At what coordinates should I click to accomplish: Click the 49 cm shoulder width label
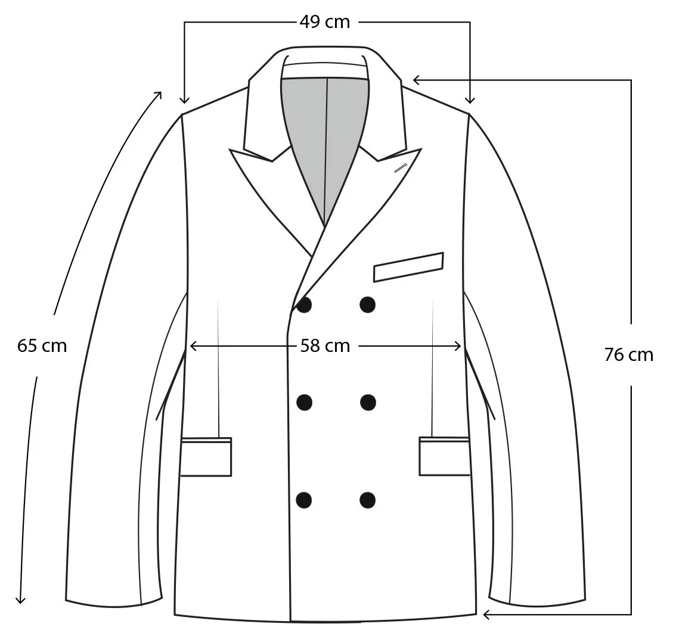click(324, 22)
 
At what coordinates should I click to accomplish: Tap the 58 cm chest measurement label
click(325, 346)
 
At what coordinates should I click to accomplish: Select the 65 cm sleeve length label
click(42, 345)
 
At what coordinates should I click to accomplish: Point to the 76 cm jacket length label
click(628, 355)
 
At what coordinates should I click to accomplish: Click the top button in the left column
click(304, 305)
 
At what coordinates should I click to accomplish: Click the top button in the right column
click(368, 305)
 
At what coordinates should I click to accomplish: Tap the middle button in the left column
click(304, 402)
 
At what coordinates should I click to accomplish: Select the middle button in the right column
click(368, 402)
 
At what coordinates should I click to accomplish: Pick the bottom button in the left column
click(304, 500)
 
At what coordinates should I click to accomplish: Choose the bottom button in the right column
click(368, 500)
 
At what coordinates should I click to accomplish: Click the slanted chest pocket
click(408, 267)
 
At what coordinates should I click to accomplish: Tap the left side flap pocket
click(206, 457)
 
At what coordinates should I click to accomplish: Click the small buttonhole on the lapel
click(400, 168)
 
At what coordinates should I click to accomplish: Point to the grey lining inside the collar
click(325, 137)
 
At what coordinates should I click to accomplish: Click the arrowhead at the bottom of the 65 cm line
click(21, 600)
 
